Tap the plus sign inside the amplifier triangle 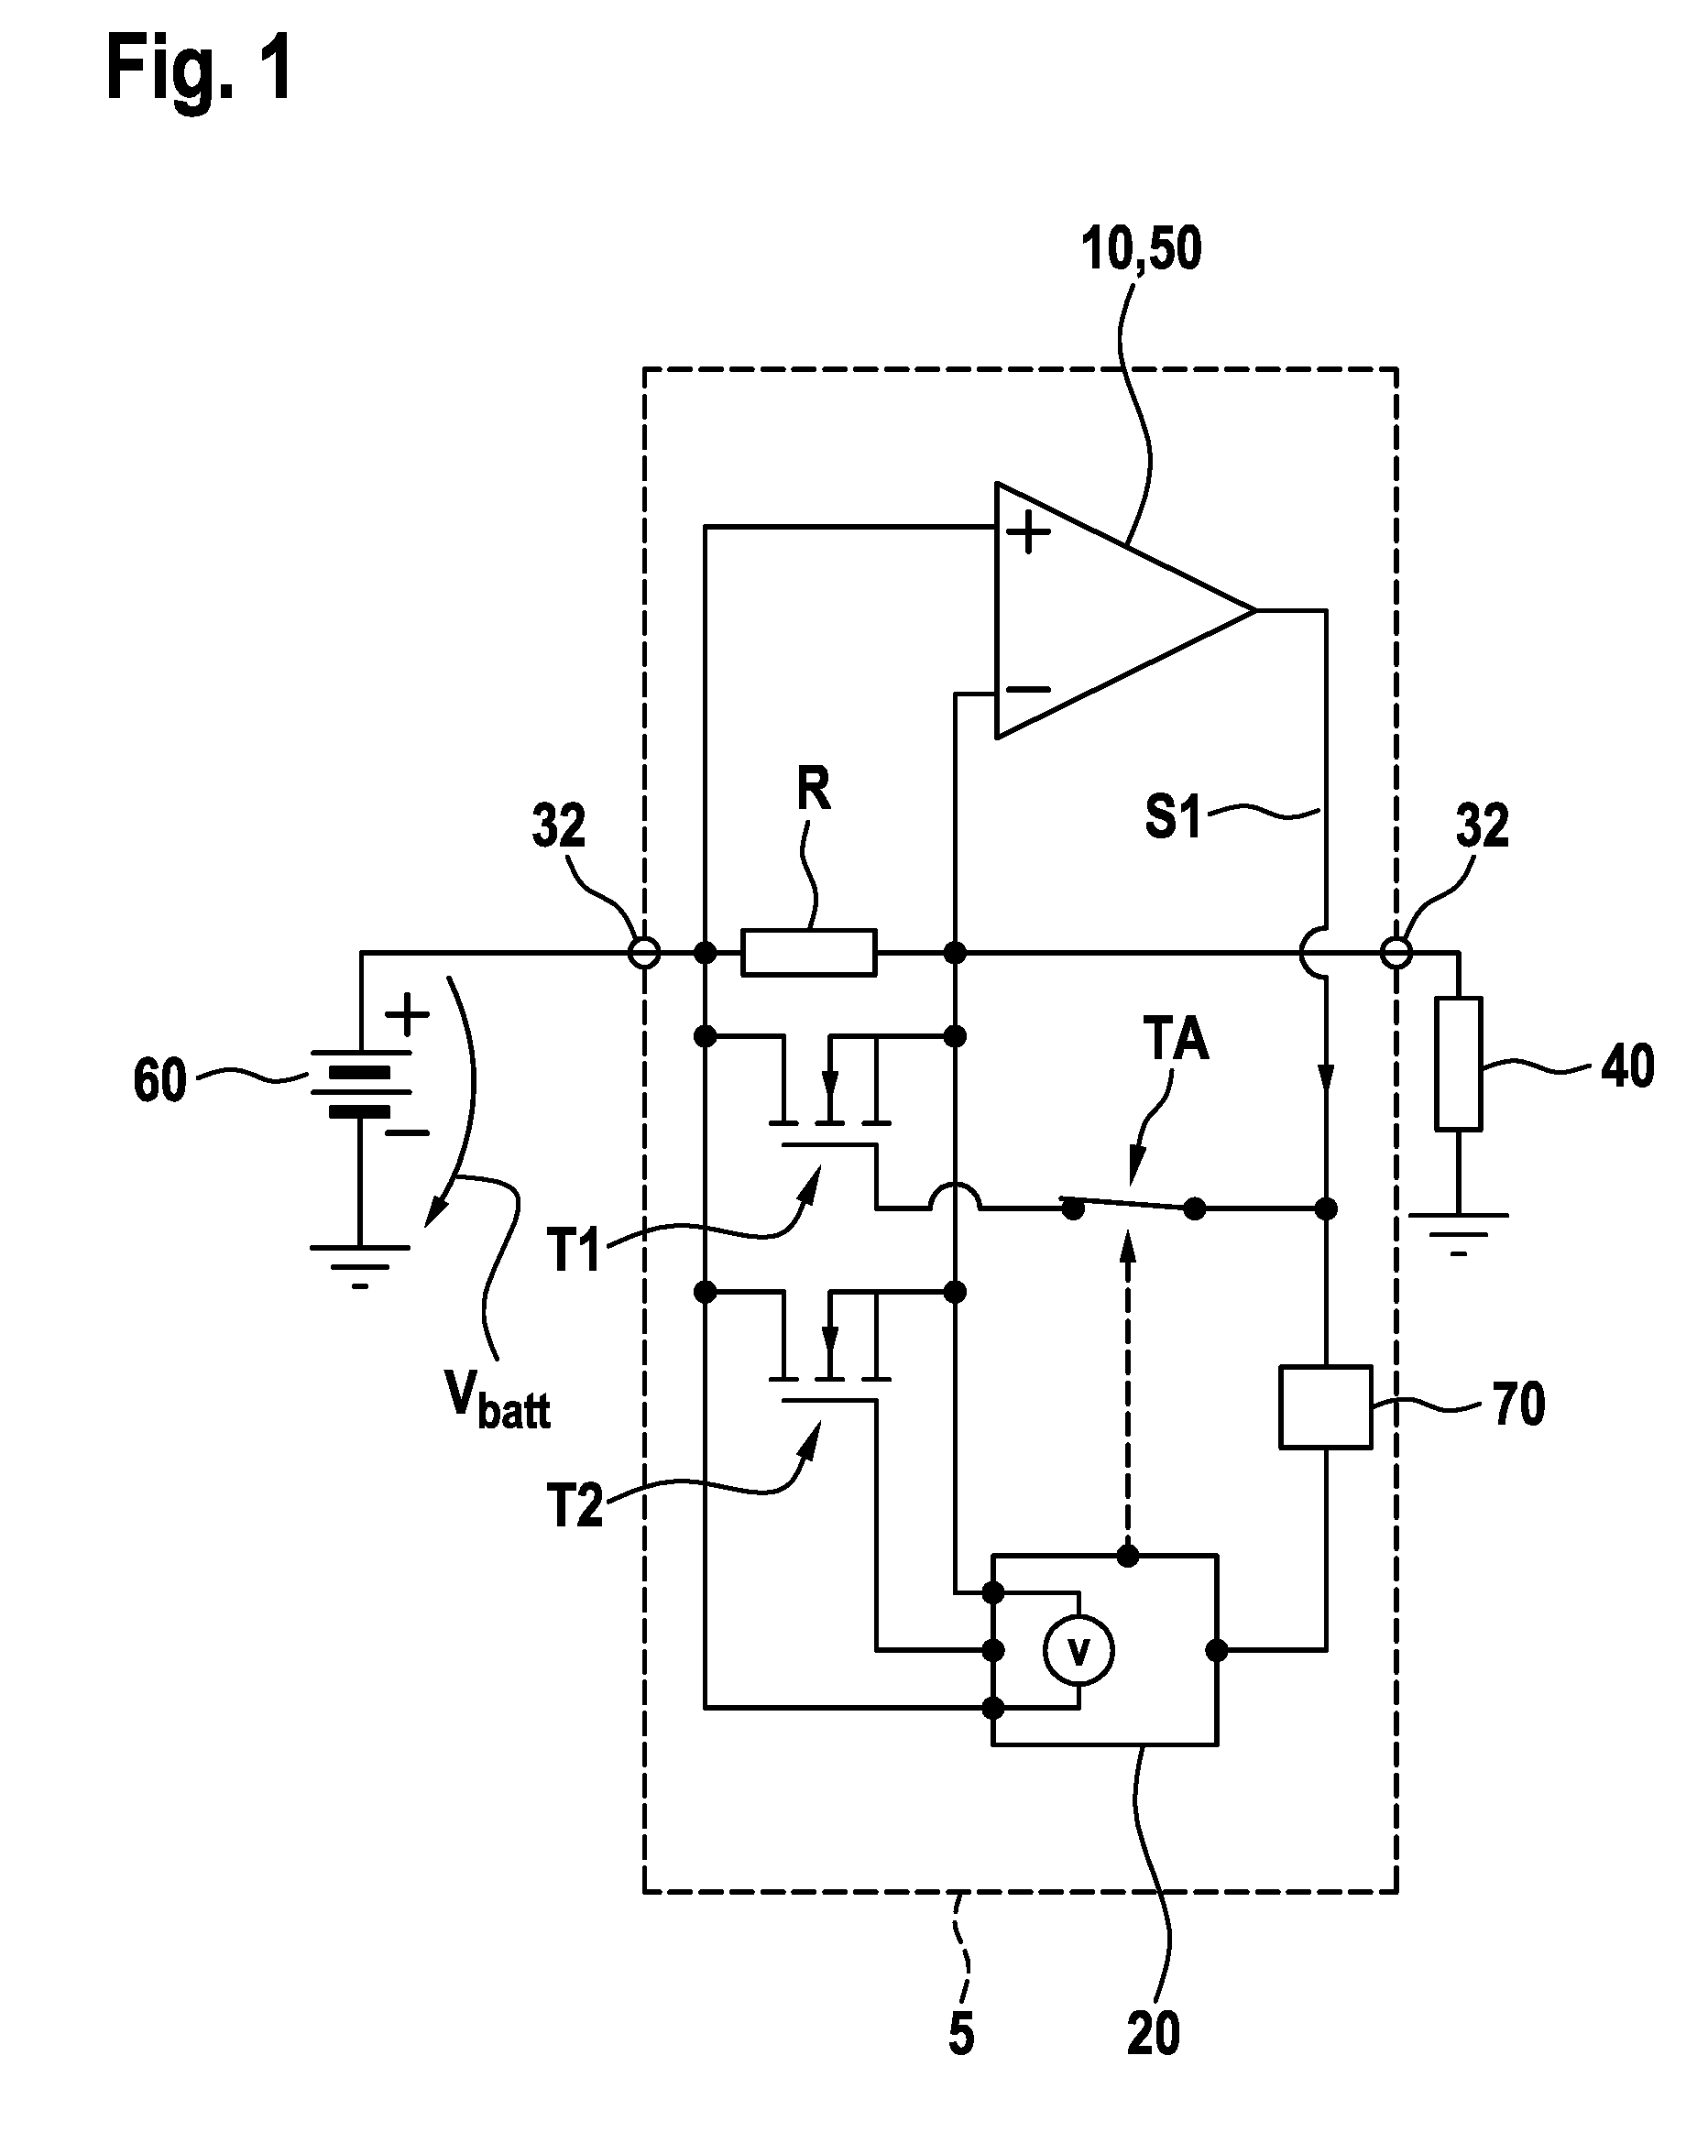pos(1028,533)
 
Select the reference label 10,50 pos(1141,248)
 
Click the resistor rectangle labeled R pos(809,952)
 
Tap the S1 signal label pos(1173,817)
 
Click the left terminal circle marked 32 pos(645,953)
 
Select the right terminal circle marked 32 pos(1396,953)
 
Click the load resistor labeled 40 pos(1459,1064)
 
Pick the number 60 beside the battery pos(160,1080)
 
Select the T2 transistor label pos(575,1506)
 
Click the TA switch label pos(1176,1039)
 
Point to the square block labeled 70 pos(1325,1407)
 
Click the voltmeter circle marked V pos(1078,1650)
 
